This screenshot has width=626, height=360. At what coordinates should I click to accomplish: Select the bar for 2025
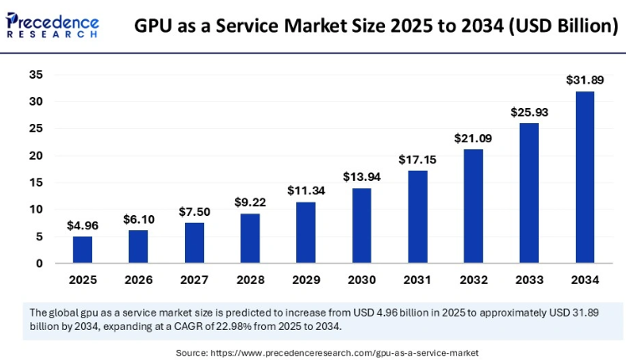83,249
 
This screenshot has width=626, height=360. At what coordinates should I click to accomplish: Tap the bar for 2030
362,225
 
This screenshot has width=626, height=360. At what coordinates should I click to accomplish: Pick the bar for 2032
473,206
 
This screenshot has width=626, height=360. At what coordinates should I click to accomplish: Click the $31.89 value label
584,80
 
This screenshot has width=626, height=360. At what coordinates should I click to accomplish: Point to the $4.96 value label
83,225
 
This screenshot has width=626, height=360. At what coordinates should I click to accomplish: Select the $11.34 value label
305,191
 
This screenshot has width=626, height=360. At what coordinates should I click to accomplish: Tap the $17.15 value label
417,159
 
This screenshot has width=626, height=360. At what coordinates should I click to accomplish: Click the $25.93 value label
528,112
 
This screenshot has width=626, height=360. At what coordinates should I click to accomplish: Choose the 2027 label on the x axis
194,280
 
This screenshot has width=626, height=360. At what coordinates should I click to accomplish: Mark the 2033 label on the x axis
528,280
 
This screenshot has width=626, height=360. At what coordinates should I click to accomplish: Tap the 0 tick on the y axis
38,263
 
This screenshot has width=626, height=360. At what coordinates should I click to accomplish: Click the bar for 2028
250,238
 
